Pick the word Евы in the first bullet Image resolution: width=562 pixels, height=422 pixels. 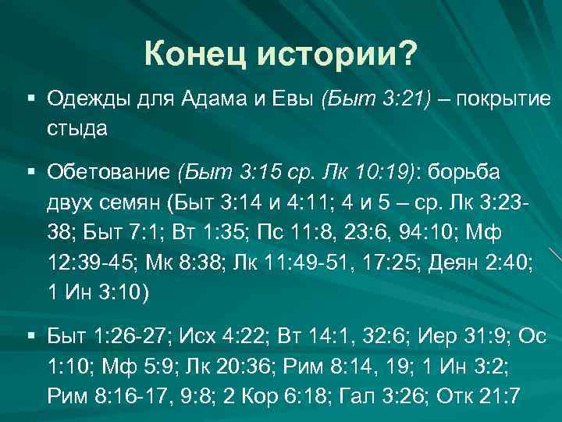[290, 100]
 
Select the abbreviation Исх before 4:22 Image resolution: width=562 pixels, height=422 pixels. [196, 337]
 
